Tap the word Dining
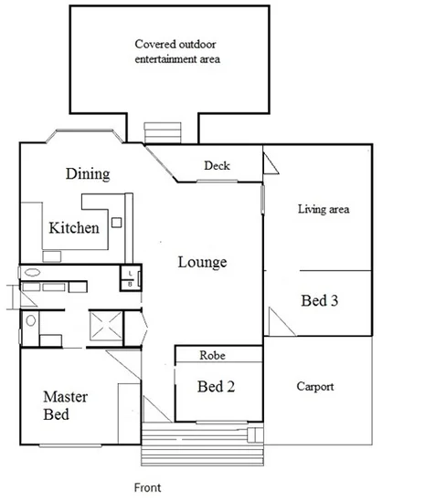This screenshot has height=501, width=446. click(x=88, y=173)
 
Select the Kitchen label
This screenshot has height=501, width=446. click(x=74, y=227)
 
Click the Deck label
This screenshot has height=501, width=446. click(x=217, y=166)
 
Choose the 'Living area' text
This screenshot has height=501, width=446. click(x=324, y=209)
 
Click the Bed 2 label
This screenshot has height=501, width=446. click(x=217, y=386)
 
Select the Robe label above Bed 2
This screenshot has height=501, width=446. click(x=218, y=354)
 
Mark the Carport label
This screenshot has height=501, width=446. click(x=314, y=387)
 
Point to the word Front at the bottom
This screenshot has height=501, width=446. click(x=147, y=488)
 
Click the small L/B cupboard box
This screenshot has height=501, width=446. click(x=130, y=277)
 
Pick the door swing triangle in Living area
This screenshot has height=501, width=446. click(x=271, y=164)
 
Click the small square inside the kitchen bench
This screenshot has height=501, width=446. click(x=115, y=222)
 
